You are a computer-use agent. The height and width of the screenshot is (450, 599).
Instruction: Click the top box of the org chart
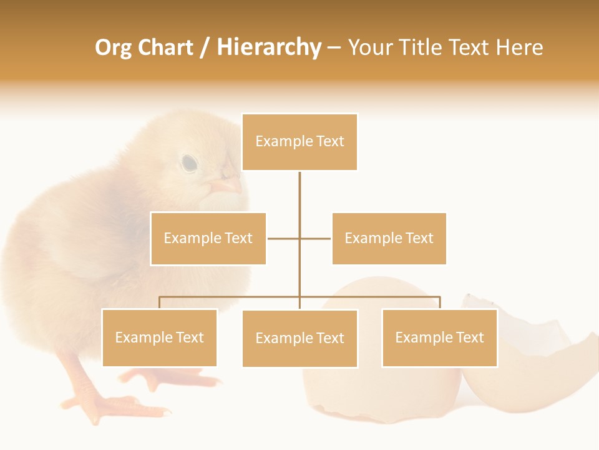pos(299,142)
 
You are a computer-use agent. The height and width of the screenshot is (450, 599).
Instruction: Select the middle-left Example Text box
pos(208,238)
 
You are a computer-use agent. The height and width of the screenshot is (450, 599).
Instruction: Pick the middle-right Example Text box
pos(389,238)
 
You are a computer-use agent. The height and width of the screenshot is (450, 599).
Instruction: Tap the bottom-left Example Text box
pos(160,337)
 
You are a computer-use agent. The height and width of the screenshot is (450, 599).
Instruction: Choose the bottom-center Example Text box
pos(299,338)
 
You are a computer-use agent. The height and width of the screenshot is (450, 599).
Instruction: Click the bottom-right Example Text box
pos(439,337)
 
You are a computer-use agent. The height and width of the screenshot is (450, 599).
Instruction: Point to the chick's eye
pos(189,163)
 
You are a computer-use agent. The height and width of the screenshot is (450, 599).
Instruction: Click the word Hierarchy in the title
pos(269,47)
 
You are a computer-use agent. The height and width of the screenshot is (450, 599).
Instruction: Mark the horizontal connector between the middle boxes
pos(299,238)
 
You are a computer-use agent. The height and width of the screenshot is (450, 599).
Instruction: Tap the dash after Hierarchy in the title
pos(334,47)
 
